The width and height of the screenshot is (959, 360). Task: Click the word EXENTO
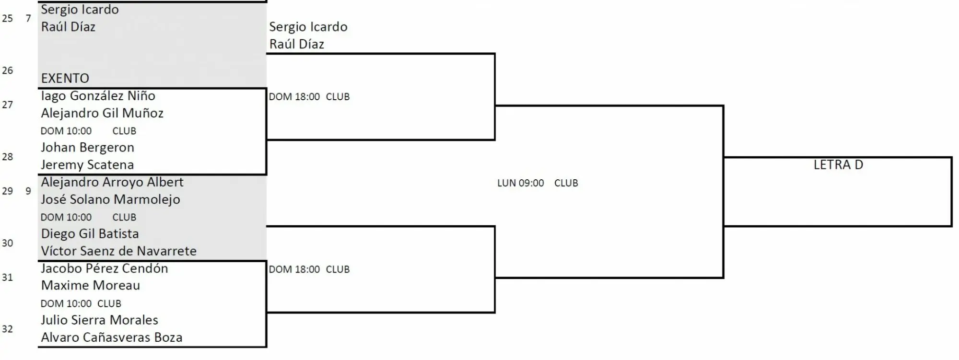click(65, 78)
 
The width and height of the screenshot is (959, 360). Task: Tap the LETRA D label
click(838, 165)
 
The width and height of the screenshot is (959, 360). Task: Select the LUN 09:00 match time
click(521, 183)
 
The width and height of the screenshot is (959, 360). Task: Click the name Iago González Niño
click(98, 96)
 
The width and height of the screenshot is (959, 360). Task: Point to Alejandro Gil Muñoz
click(102, 113)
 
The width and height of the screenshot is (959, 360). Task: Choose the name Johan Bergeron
click(87, 148)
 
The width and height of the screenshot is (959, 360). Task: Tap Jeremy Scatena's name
click(87, 165)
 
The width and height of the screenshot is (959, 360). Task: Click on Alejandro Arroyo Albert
click(112, 182)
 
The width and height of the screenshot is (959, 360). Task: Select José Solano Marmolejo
click(110, 199)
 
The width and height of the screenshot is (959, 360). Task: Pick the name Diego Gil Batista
click(90, 234)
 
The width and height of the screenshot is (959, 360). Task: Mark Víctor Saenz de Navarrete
click(119, 251)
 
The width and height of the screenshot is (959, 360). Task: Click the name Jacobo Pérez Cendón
click(105, 268)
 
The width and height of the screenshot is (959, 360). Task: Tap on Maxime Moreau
click(91, 286)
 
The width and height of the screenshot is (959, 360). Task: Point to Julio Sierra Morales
click(99, 320)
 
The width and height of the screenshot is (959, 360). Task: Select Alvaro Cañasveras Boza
click(112, 337)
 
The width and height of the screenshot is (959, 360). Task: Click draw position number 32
click(7, 329)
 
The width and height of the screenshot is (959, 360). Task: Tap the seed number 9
click(28, 191)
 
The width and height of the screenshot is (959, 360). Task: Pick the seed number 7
click(28, 18)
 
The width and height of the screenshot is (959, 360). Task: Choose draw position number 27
click(7, 105)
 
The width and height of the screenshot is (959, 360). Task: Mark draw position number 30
click(7, 243)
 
